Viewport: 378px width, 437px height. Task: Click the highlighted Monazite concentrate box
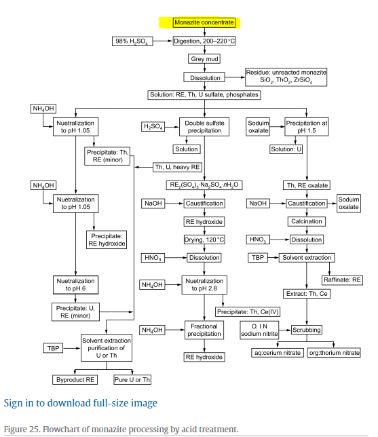click(204, 22)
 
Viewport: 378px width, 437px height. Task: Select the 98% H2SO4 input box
click(132, 41)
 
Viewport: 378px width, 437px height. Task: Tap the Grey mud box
click(204, 59)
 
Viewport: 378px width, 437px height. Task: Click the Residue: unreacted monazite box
click(286, 77)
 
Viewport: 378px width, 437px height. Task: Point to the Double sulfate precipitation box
click(204, 127)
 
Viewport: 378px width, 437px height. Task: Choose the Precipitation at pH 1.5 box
click(306, 127)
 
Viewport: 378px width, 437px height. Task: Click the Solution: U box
click(286, 149)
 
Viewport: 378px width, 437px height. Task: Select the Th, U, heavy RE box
click(177, 167)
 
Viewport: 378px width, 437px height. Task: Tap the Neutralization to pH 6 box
click(75, 285)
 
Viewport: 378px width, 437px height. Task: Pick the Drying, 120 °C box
click(204, 240)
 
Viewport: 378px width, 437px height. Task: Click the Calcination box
click(307, 222)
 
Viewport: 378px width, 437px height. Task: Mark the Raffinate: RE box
click(342, 280)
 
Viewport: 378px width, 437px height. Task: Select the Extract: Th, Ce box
click(307, 294)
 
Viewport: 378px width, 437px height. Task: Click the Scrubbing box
click(307, 330)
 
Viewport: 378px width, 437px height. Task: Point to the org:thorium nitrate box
click(334, 353)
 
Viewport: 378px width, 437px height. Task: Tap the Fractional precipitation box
click(204, 330)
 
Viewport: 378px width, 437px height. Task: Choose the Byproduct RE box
click(75, 380)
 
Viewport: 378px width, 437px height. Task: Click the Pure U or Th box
click(132, 380)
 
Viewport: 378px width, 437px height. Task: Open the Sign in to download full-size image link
click(81, 403)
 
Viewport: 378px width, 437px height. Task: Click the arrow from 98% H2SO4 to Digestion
click(163, 41)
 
